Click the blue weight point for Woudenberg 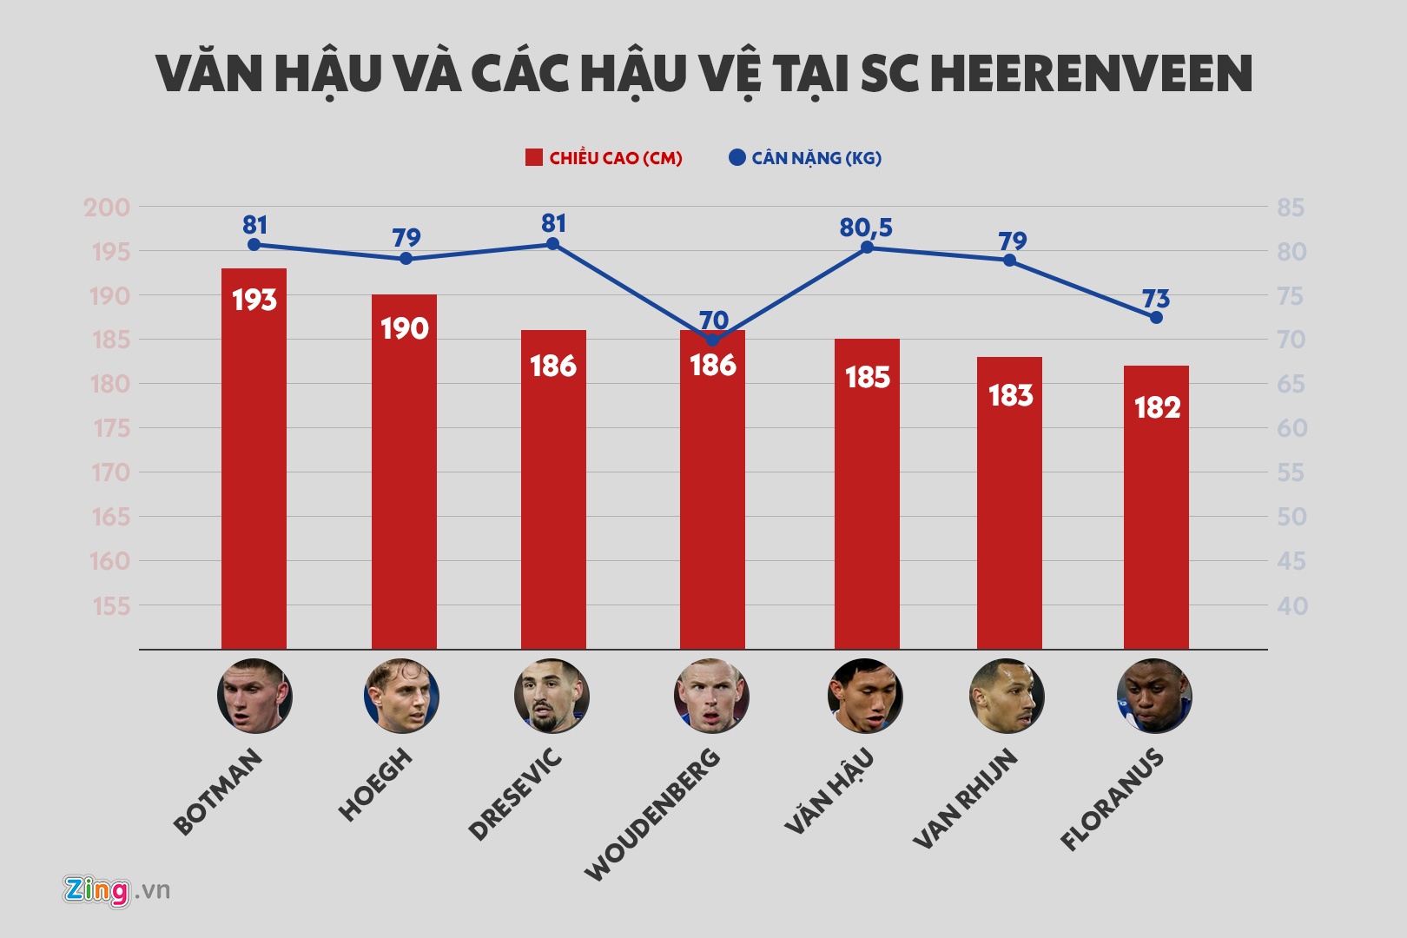pos(713,340)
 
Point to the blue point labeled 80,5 pos(867,248)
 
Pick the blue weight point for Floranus pos(1156,318)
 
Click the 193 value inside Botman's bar pos(254,301)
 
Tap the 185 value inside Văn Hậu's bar pos(867,378)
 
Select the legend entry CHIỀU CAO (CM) pos(604,158)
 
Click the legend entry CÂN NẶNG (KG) pos(805,158)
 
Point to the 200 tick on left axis pos(107,208)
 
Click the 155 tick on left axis pos(110,606)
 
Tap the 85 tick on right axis pos(1291,208)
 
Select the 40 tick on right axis pos(1291,606)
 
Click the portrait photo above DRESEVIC pos(552,697)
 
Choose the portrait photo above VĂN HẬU pos(865,697)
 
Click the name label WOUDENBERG pos(653,814)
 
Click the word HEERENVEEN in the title pos(1091,74)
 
